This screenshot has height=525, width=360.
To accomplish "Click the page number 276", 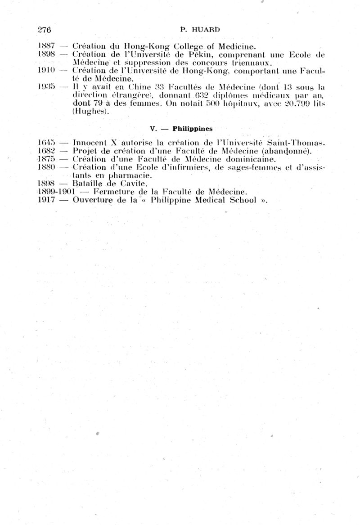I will (45, 30).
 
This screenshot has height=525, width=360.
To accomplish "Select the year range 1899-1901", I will (56, 192).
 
